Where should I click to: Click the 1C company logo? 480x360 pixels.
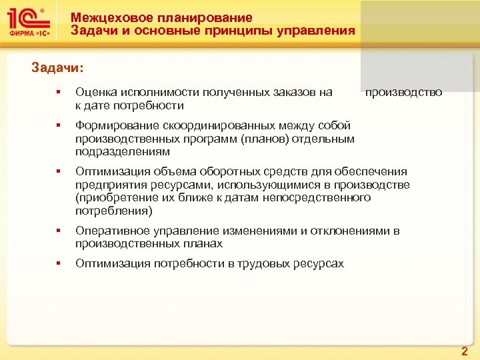point(28,25)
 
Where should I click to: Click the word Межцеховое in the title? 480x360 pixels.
point(107,18)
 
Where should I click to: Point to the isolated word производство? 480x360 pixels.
point(403,93)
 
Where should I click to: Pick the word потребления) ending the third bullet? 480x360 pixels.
point(114,211)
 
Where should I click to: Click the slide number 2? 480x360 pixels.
point(465,350)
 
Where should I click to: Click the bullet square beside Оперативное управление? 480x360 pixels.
point(59,231)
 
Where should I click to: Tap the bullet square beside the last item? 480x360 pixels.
point(59,264)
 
